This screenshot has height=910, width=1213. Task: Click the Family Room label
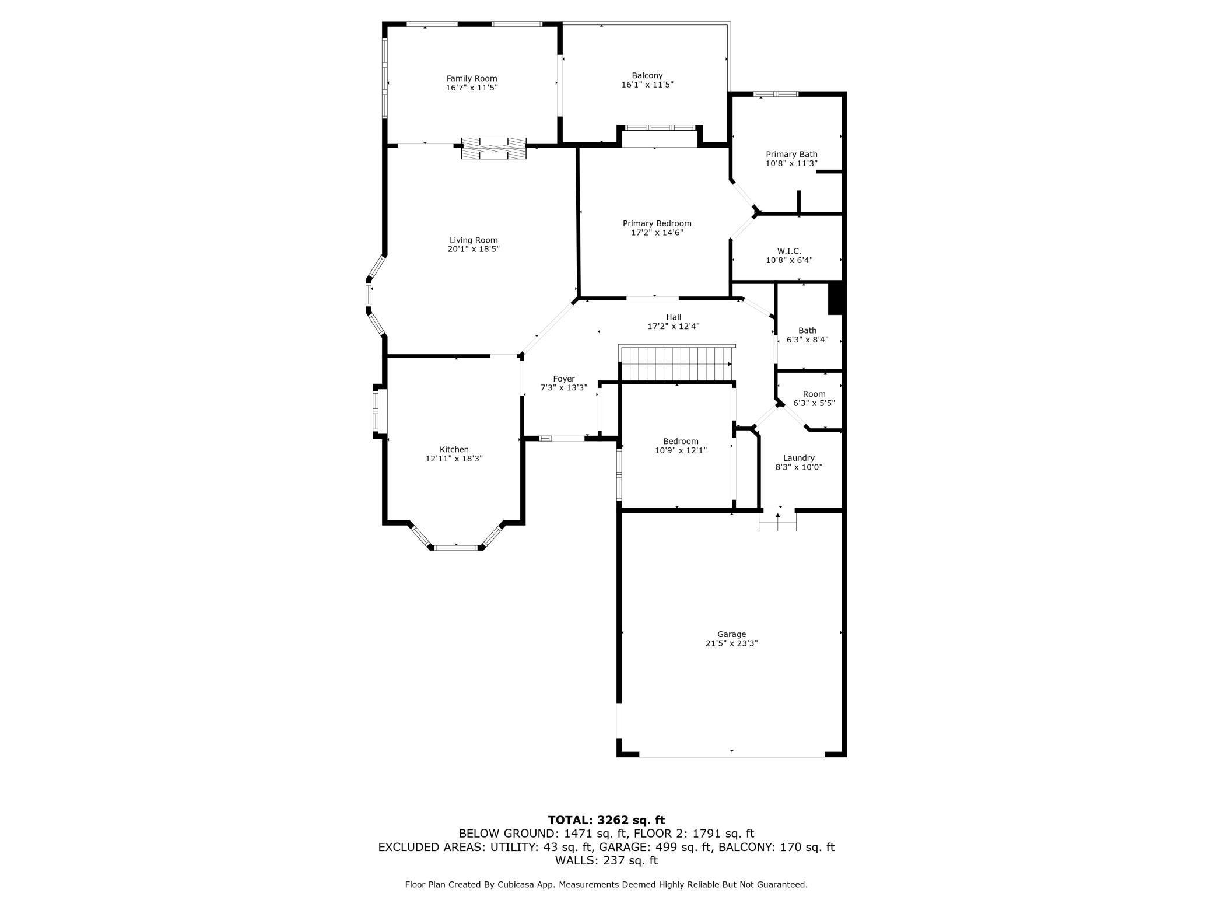[x=472, y=78]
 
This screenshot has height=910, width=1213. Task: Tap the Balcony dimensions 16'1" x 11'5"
[x=647, y=85]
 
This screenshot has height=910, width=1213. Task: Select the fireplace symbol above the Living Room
[x=493, y=148]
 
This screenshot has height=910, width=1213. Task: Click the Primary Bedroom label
[x=657, y=223]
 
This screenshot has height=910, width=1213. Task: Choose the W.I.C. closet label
[x=789, y=251]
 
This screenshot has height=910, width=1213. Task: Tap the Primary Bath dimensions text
[x=791, y=164]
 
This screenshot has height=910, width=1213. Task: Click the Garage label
[x=731, y=634]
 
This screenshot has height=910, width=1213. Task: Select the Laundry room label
[x=798, y=458]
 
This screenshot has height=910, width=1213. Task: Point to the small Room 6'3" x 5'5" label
[x=814, y=394]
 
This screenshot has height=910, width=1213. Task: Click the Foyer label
[x=563, y=379]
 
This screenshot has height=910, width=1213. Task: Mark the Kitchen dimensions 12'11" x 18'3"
[x=454, y=459]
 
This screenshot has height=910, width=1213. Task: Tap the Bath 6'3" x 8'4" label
[x=807, y=331]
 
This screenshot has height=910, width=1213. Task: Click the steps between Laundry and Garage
[x=777, y=520]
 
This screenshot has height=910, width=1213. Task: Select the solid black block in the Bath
[x=836, y=298]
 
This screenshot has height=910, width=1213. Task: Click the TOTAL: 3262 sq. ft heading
[x=606, y=820]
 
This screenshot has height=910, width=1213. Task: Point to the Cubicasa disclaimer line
[x=606, y=885]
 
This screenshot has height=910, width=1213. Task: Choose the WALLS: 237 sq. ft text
[x=606, y=860]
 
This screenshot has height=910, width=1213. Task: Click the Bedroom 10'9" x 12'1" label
[x=680, y=441]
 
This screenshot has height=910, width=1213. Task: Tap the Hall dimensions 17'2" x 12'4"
[x=673, y=327]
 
